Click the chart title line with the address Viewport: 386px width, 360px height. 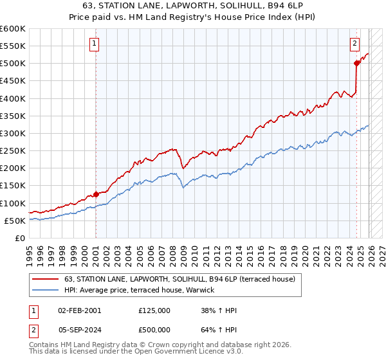click(x=193, y=5)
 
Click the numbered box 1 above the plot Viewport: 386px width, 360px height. click(x=95, y=44)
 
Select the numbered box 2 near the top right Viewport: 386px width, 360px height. click(x=354, y=44)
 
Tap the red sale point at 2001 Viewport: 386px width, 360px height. click(x=96, y=194)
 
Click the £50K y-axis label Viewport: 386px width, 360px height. click(x=15, y=221)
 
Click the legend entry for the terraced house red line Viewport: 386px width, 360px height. click(x=179, y=279)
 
